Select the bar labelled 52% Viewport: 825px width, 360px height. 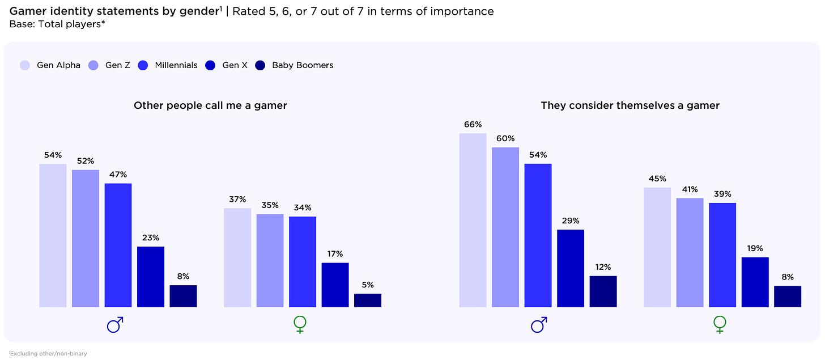(x=86, y=238)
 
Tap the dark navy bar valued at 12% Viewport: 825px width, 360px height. (x=603, y=291)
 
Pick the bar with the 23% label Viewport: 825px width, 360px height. (x=151, y=277)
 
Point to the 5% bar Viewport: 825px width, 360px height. (x=368, y=300)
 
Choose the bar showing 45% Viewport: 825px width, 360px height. (x=657, y=247)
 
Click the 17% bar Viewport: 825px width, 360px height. (x=335, y=285)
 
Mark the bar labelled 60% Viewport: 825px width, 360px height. (x=505, y=227)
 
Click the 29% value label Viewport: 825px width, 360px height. (x=571, y=221)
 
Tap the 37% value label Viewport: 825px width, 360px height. (x=237, y=200)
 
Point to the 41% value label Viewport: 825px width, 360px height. (x=690, y=189)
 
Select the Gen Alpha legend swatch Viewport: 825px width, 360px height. (x=25, y=65)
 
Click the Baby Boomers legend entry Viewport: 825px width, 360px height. (x=302, y=65)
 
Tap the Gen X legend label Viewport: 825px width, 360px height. (x=235, y=65)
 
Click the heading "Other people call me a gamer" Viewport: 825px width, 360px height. (x=210, y=105)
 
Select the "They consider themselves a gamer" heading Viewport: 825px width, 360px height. (x=630, y=105)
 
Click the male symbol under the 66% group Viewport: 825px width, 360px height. (x=538, y=325)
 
